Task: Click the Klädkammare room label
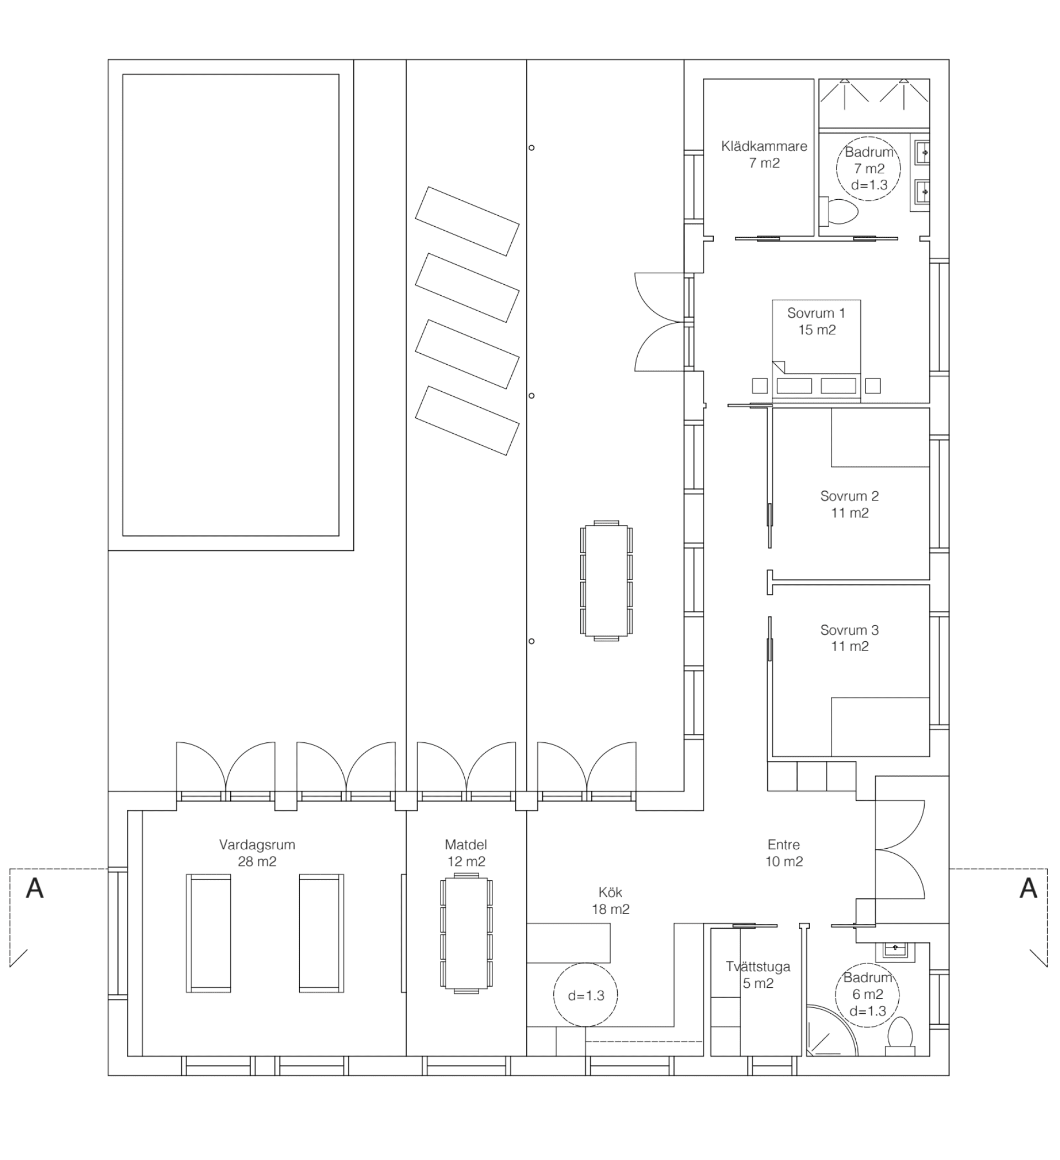pos(764,154)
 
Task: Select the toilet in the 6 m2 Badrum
pos(899,1034)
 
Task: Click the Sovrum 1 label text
pos(816,321)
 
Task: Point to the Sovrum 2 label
pos(849,504)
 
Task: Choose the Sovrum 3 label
pos(849,637)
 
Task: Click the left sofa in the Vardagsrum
pos(209,933)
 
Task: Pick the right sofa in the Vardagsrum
pos(321,933)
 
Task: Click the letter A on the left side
pos(35,889)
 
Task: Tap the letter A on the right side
pos(1028,889)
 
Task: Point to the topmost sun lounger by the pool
pos(467,221)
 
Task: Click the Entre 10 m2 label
pos(783,853)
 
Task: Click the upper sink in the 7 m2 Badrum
pos(923,152)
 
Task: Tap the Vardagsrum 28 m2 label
pos(257,853)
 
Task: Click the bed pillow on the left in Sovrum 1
pos(794,386)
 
